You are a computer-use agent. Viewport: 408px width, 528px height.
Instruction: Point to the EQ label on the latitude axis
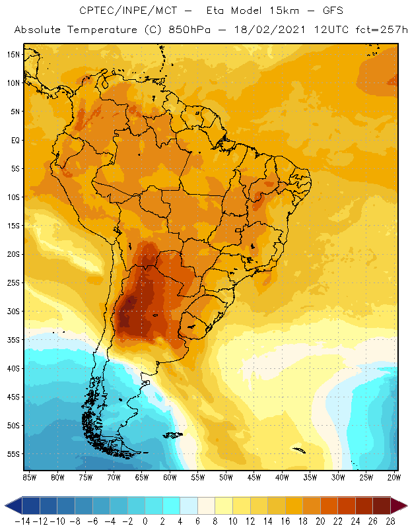coord(15,140)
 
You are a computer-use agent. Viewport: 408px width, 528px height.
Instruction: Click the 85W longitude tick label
coord(29,477)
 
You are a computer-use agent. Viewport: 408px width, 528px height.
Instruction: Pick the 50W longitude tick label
coord(226,477)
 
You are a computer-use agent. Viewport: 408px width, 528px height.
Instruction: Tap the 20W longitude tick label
coord(393,477)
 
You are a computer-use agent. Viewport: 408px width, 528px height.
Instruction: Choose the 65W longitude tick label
coord(141,477)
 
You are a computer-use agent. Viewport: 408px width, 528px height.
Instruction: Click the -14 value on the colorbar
coord(22,521)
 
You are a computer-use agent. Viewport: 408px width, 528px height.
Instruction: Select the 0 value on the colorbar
coord(145,521)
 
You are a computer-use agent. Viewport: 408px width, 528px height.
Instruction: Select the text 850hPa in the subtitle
coord(189,30)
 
